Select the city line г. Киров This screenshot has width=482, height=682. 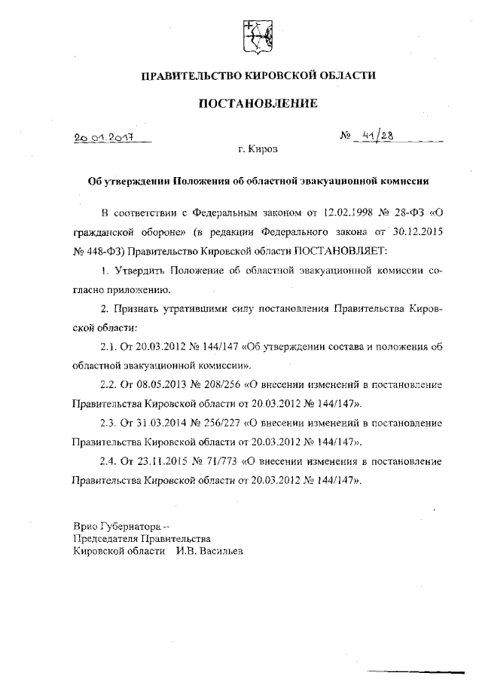pyautogui.click(x=258, y=149)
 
